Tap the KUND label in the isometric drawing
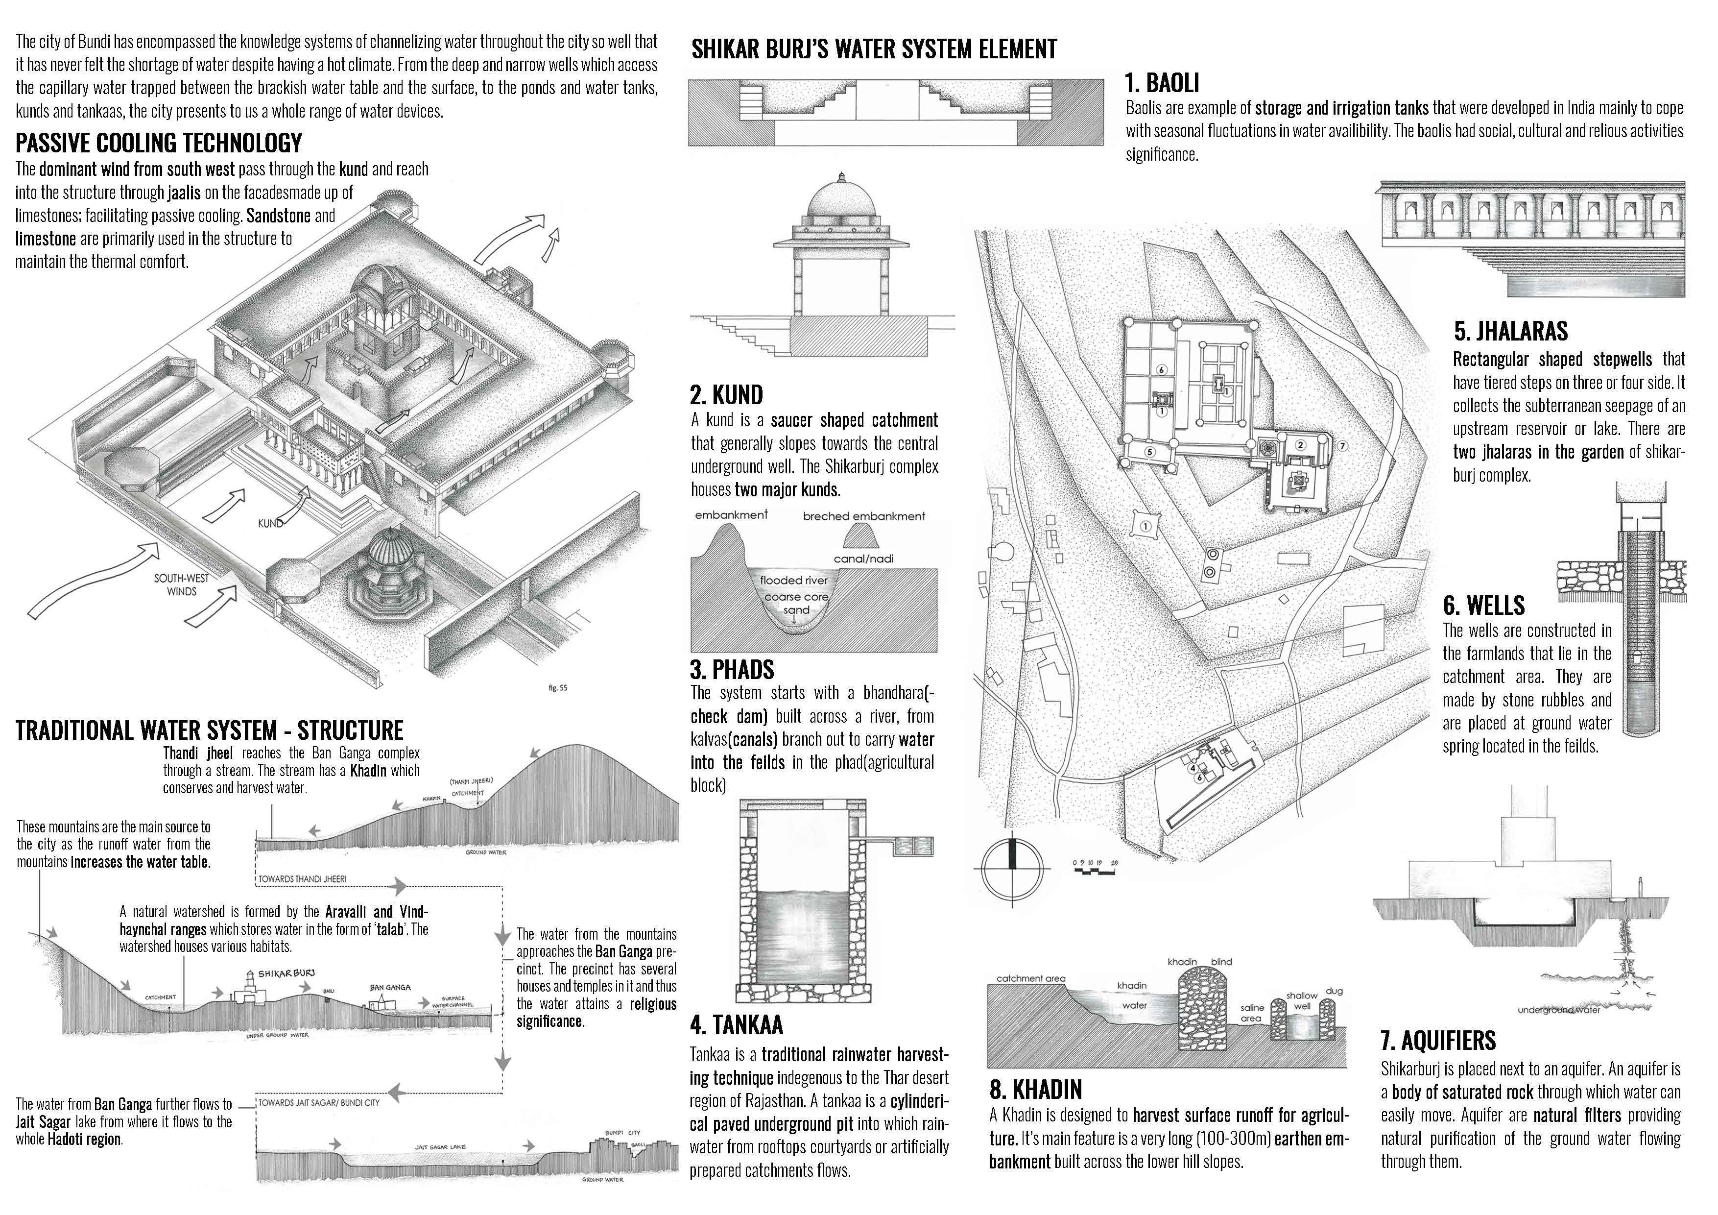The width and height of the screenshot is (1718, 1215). pyautogui.click(x=270, y=523)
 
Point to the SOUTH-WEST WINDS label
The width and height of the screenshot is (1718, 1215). pyautogui.click(x=182, y=584)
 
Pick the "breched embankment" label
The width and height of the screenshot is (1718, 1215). pyautogui.click(x=863, y=516)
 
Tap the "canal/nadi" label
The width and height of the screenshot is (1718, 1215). pyautogui.click(x=863, y=559)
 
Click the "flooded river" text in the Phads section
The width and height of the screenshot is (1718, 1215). pyautogui.click(x=793, y=580)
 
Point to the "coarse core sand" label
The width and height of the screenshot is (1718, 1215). pyautogui.click(x=796, y=604)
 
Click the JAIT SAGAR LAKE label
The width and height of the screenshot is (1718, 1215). pyautogui.click(x=441, y=1147)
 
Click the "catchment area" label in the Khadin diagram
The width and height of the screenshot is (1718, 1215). pyautogui.click(x=1030, y=978)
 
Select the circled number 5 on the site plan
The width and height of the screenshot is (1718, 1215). pyautogui.click(x=1150, y=451)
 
